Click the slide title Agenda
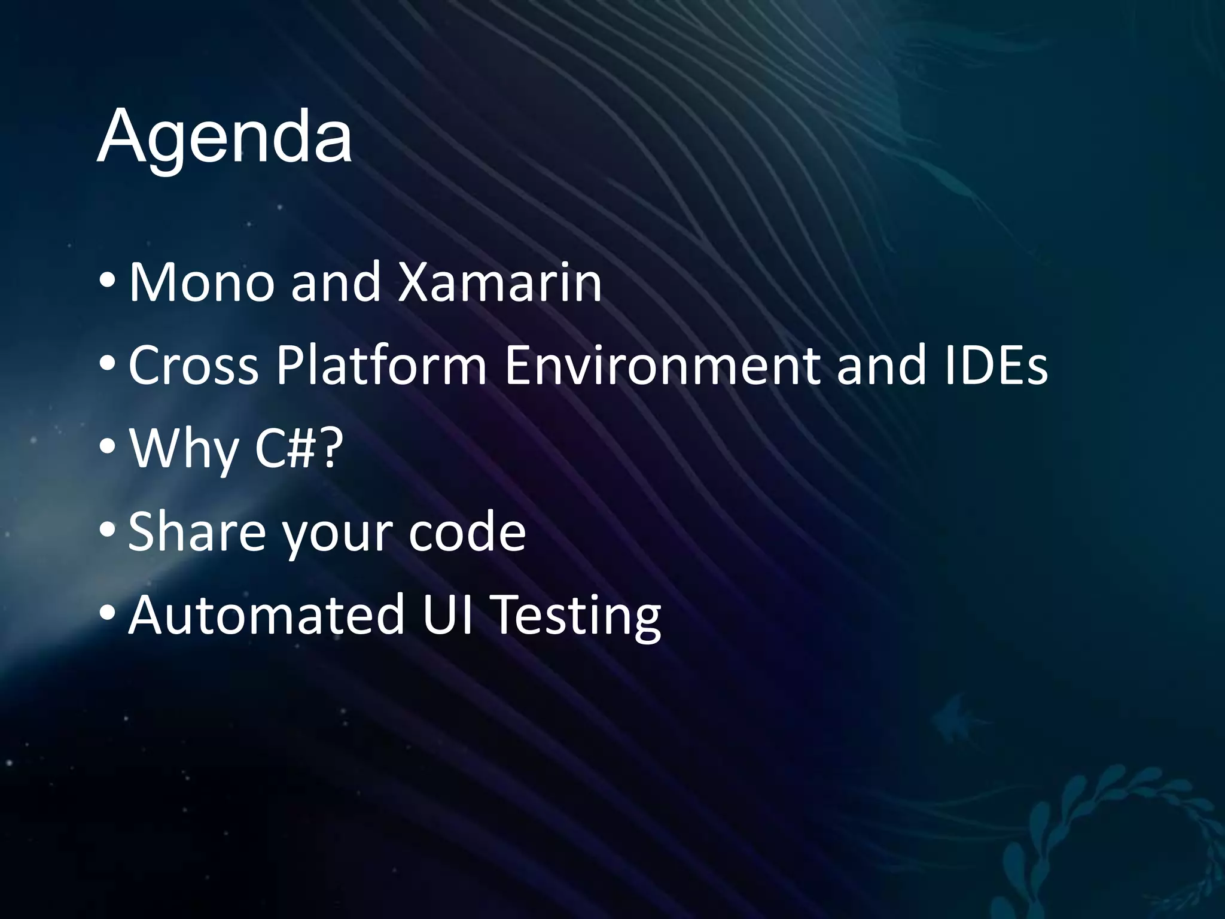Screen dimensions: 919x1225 (224, 138)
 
